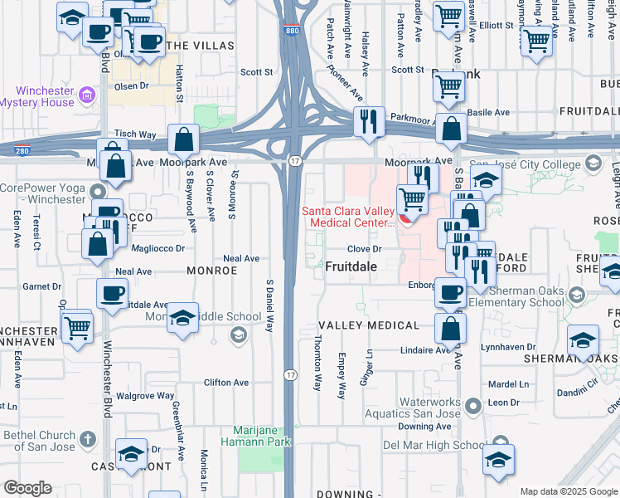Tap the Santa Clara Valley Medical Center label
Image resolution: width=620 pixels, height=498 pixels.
[x=347, y=217]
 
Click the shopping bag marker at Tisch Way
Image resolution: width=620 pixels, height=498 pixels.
[x=182, y=139]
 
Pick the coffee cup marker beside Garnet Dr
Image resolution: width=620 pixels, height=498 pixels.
[x=112, y=293]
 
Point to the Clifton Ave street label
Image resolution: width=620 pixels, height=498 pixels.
[x=226, y=383]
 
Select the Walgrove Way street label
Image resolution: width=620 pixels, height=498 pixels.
[x=145, y=396]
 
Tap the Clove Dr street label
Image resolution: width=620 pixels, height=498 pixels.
[x=364, y=248]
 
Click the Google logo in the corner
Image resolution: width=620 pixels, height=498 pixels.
[x=27, y=488]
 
